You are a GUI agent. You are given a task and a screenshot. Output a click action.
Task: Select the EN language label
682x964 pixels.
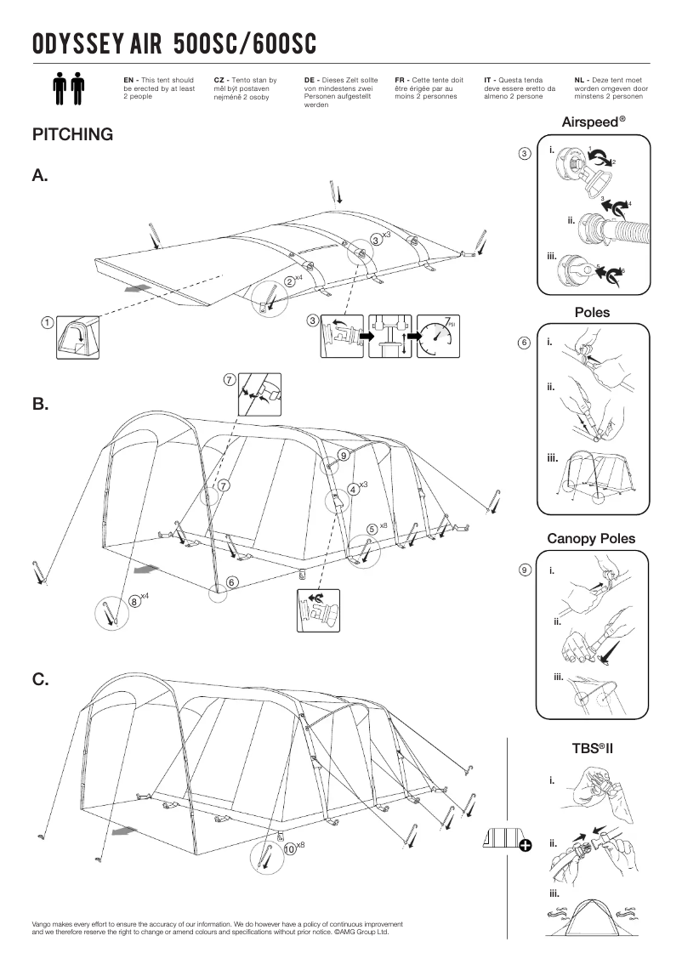tap(129, 79)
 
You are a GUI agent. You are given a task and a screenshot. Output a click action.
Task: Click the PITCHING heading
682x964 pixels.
tap(72, 135)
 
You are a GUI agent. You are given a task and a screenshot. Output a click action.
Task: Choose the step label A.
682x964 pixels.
tap(40, 176)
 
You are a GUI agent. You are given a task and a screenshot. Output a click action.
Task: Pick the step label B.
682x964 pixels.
tap(40, 405)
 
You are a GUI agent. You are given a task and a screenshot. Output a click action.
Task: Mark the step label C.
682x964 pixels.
tap(40, 679)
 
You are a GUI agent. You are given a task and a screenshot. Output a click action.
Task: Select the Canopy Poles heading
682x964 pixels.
tap(591, 539)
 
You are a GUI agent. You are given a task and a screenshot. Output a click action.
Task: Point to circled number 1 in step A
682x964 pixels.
tap(48, 322)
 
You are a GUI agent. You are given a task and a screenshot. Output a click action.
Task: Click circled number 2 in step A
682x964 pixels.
tap(289, 281)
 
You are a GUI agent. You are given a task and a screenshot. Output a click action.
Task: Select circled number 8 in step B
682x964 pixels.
tap(134, 601)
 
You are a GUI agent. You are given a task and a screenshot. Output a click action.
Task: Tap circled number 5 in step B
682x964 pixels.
tap(372, 529)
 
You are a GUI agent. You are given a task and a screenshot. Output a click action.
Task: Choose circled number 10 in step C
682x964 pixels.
tap(289, 848)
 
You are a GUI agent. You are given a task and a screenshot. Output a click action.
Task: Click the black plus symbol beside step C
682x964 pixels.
tap(525, 844)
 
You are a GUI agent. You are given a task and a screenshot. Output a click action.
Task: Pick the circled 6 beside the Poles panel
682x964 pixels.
tap(525, 343)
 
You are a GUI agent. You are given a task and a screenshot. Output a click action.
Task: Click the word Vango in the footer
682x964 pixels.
tap(43, 923)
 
